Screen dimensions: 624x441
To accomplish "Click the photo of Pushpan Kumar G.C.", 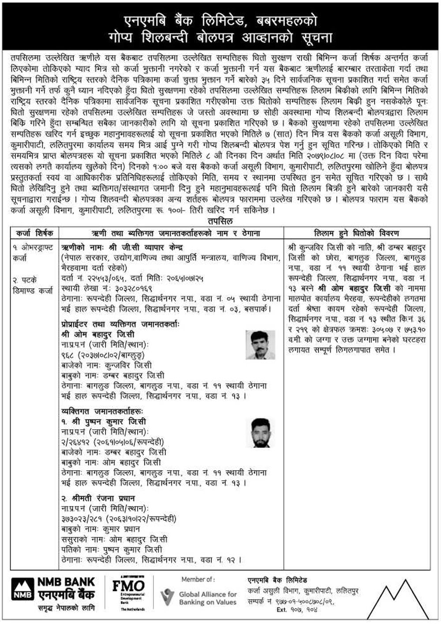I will (x=258, y=433).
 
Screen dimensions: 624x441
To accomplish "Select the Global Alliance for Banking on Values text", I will (x=208, y=598).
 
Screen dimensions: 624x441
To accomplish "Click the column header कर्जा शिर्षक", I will (x=34, y=233).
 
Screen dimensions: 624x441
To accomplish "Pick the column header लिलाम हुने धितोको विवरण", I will (x=356, y=233).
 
